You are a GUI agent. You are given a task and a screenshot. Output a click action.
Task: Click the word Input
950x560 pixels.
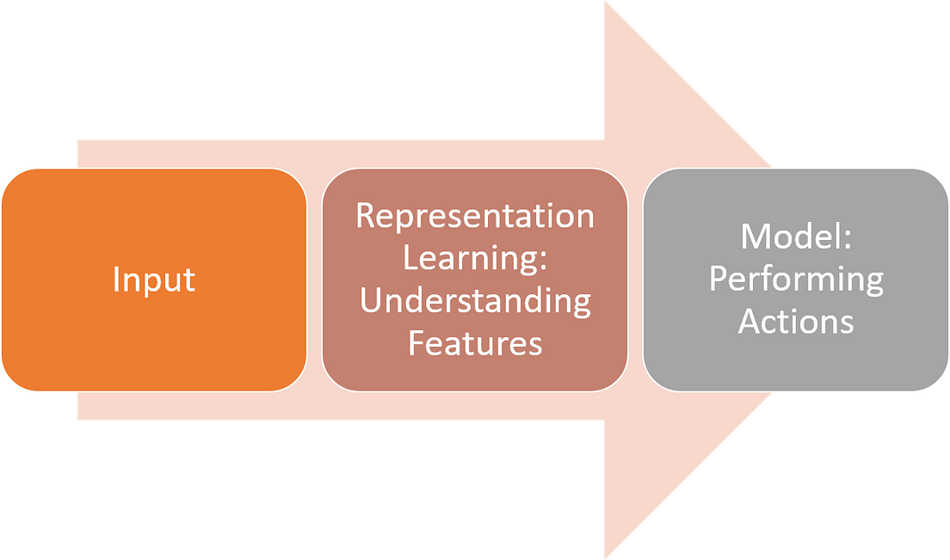point(154,280)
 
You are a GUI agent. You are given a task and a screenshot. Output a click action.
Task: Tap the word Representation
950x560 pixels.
point(475,216)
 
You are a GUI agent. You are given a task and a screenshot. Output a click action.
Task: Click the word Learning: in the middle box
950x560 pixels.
point(475,258)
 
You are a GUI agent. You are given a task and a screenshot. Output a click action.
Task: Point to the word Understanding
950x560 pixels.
point(475,301)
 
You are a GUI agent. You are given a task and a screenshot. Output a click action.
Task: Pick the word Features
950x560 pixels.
point(475,343)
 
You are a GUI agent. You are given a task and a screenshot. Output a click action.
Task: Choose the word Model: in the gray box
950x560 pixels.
point(796,237)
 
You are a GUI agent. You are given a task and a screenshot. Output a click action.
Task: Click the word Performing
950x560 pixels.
point(796,280)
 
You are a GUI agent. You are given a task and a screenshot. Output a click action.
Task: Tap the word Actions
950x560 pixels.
point(796,322)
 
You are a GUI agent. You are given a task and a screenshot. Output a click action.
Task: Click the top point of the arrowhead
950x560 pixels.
point(604,3)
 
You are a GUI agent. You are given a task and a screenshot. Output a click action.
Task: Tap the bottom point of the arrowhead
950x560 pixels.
point(604,557)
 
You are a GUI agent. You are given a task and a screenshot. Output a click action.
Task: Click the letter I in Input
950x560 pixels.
point(116,280)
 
